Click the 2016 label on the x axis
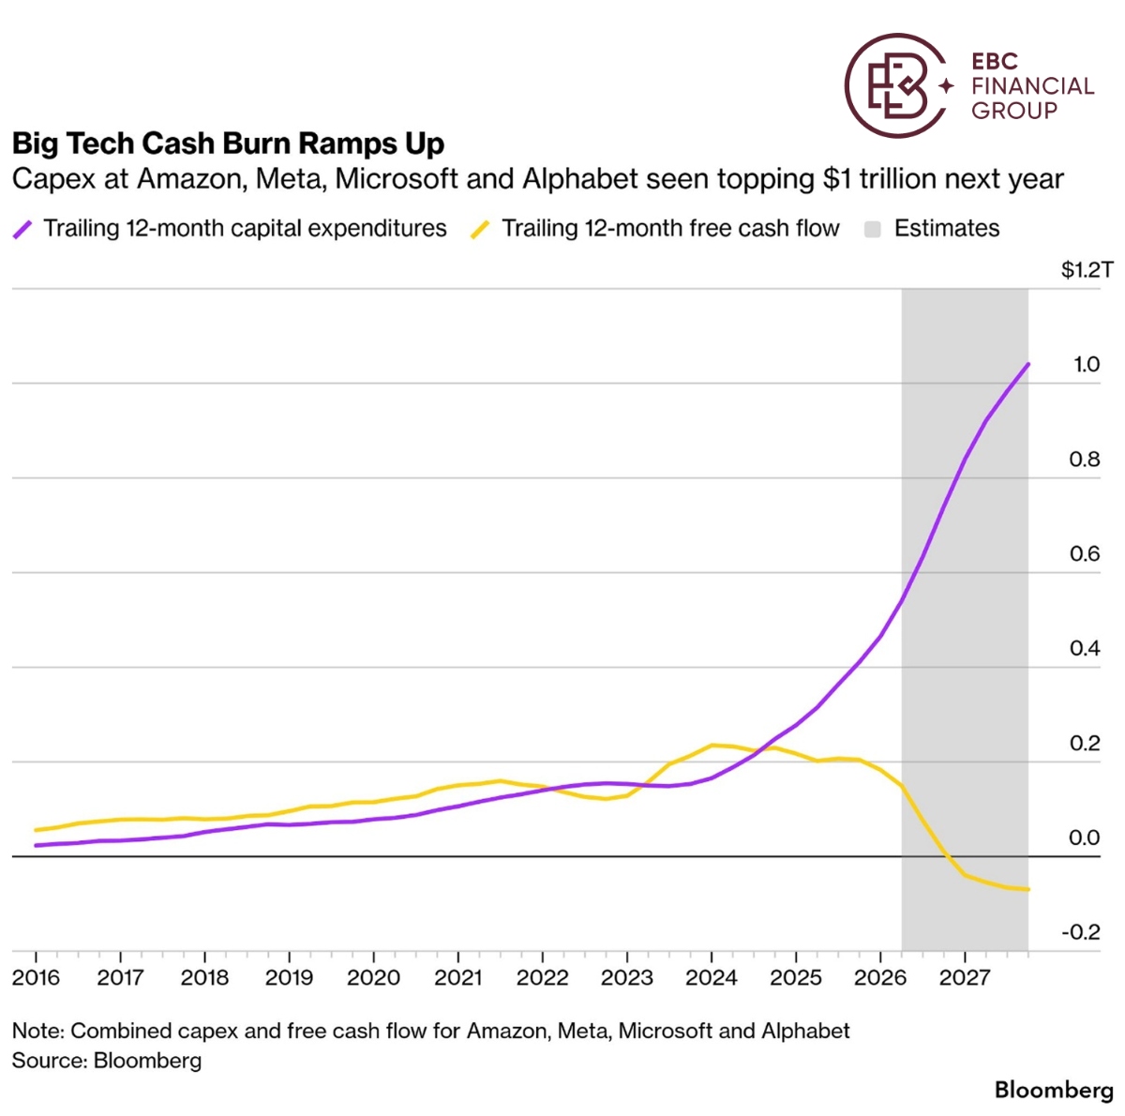[36, 977]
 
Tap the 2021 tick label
[457, 977]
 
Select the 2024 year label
[711, 977]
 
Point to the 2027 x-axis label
[965, 977]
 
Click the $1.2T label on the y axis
[1087, 269]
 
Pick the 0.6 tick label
[1085, 553]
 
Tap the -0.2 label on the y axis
[1081, 931]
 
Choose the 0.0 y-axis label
[1084, 837]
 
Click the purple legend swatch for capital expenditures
[22, 229]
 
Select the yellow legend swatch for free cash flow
[480, 229]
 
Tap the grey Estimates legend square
[872, 229]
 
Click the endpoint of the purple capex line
[1027, 364]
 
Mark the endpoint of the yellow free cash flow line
[1027, 889]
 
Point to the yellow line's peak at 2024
[712, 745]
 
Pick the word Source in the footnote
[49, 1060]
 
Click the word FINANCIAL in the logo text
[1032, 86]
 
